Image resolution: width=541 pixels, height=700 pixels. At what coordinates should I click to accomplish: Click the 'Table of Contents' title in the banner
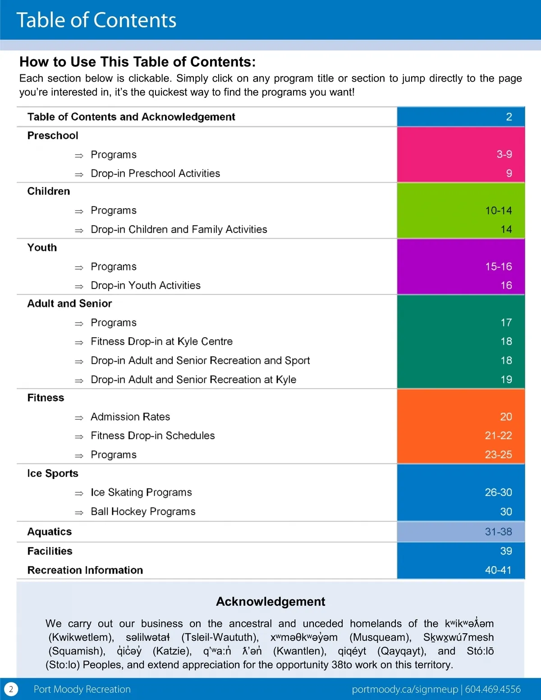[x=96, y=20]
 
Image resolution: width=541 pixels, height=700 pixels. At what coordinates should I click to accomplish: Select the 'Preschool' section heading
[x=53, y=136]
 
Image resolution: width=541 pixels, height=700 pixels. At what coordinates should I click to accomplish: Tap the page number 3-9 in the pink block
[x=504, y=154]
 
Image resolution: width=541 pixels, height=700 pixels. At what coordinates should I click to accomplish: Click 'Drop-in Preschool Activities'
[x=155, y=174]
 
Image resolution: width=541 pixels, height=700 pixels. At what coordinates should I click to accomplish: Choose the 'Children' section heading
[x=49, y=192]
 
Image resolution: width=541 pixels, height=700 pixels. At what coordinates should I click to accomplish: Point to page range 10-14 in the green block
[x=498, y=210]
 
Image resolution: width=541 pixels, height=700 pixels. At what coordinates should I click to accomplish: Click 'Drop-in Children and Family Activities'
[x=179, y=229]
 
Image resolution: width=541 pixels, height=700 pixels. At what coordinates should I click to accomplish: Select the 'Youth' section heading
[x=42, y=247]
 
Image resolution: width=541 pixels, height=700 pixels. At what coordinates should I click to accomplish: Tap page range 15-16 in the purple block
[x=498, y=266]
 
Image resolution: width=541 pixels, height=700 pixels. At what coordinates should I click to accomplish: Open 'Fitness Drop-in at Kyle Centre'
[x=161, y=342]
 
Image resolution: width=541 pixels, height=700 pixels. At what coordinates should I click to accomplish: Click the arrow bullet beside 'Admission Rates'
[x=79, y=418]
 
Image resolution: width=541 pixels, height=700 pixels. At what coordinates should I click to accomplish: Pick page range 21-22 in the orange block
[x=498, y=435]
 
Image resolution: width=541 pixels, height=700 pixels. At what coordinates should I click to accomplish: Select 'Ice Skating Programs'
[x=141, y=492]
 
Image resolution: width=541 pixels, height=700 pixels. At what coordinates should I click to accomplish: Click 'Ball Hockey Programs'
[x=143, y=512]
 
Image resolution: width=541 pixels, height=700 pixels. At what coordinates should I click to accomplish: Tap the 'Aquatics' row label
[x=50, y=532]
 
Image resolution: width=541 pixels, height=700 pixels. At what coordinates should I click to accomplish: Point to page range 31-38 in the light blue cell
[x=498, y=532]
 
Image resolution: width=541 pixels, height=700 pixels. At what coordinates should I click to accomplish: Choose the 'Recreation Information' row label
[x=85, y=570]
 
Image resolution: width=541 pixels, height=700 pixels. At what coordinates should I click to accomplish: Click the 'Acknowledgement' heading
[x=270, y=602]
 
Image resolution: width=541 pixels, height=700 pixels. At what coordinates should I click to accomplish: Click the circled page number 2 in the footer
[x=11, y=689]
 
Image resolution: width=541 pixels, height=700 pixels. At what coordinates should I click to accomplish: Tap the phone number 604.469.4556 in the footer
[x=493, y=689]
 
